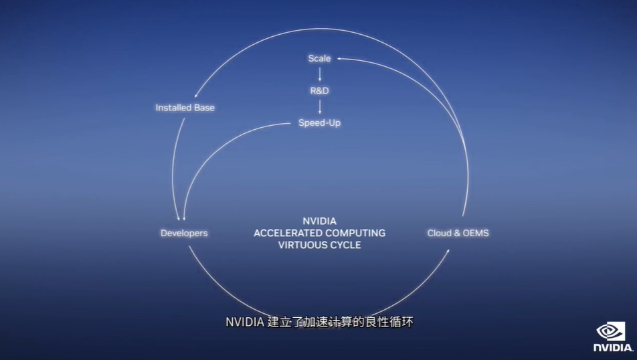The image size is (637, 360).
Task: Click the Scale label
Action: point(319,58)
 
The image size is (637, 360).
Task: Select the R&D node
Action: point(320,90)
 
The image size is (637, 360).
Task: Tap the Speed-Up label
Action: point(320,122)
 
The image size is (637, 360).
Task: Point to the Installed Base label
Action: point(185,107)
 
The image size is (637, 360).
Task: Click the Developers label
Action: point(184,233)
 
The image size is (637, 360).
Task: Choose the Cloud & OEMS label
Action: point(458,233)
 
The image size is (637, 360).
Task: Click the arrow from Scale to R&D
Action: point(320,74)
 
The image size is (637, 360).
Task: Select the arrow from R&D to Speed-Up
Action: point(320,106)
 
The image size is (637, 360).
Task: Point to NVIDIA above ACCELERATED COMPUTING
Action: point(320,221)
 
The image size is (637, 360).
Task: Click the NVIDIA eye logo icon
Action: point(612,331)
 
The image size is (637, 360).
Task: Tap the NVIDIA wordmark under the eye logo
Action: point(612,348)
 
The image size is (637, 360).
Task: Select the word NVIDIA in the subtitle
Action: point(244,322)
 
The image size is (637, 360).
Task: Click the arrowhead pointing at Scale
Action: point(339,59)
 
